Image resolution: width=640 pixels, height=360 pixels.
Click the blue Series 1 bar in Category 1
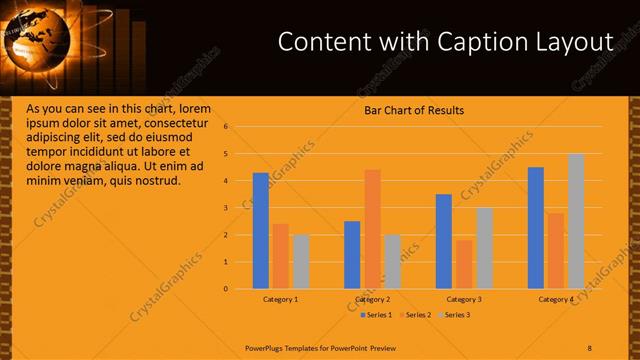pyautogui.click(x=261, y=231)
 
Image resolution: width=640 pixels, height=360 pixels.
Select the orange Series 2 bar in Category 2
pyautogui.click(x=372, y=229)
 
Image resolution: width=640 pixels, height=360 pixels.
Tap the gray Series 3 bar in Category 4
pyautogui.click(x=576, y=221)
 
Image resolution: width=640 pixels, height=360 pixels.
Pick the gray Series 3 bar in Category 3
pyautogui.click(x=484, y=248)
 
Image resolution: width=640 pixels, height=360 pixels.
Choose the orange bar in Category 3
pyautogui.click(x=464, y=264)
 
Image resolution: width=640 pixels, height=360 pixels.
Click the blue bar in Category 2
pyautogui.click(x=352, y=255)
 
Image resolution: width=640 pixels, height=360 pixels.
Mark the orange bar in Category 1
pyautogui.click(x=280, y=256)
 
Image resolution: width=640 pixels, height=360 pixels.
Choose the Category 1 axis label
pyautogui.click(x=281, y=299)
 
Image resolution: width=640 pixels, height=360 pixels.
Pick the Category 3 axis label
pyautogui.click(x=464, y=299)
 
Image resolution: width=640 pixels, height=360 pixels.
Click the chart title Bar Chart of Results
pyautogui.click(x=414, y=110)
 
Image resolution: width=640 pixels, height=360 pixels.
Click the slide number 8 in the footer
pyautogui.click(x=589, y=347)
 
